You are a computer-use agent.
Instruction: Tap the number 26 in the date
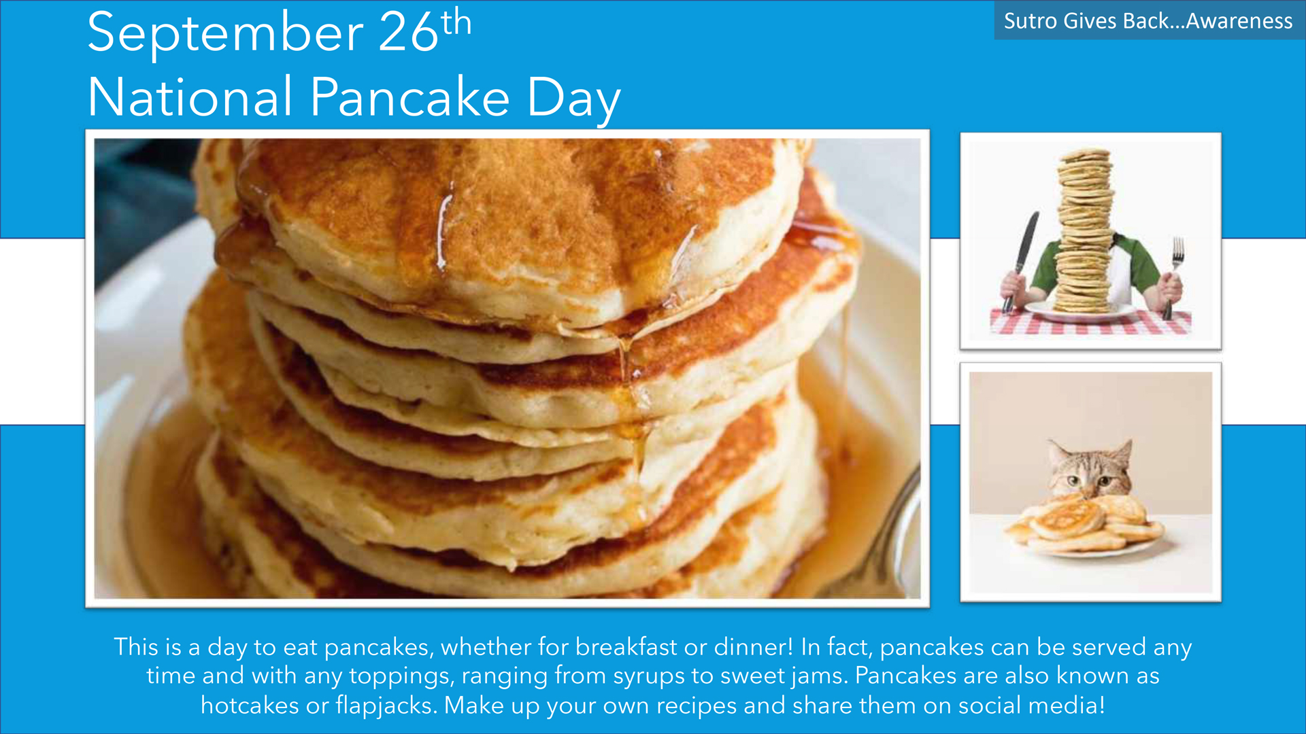(408, 32)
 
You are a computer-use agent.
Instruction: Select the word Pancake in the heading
(409, 97)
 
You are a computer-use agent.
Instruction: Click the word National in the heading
(190, 97)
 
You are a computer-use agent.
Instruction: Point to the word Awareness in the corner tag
(1239, 21)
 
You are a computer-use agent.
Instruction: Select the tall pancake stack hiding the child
(1084, 231)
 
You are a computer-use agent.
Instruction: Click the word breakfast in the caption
(626, 646)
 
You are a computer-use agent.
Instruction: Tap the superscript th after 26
(456, 22)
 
